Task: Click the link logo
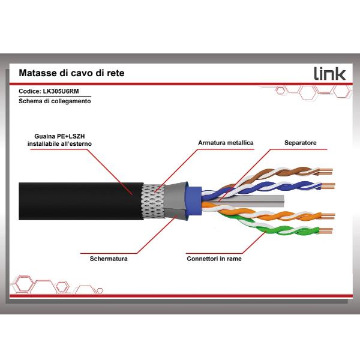[x=330, y=73]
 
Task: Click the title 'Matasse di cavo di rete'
[x=72, y=73]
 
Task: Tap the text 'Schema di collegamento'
[x=55, y=102]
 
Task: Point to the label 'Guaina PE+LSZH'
[x=60, y=136]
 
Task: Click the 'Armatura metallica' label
[x=226, y=143]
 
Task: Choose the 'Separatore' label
[x=300, y=143]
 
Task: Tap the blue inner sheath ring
[x=193, y=201]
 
